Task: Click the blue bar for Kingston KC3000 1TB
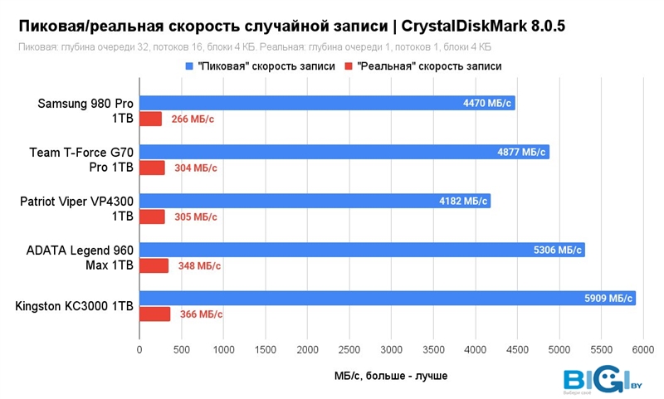[x=387, y=299]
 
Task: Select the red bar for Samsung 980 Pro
[x=150, y=119]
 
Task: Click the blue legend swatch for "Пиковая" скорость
[x=189, y=66]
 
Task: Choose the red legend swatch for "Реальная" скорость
[x=350, y=66]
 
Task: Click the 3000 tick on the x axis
[x=392, y=350]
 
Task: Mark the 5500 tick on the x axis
[x=602, y=350]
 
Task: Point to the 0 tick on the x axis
[x=139, y=350]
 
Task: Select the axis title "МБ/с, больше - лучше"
[x=388, y=376]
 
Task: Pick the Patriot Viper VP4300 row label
[x=76, y=208]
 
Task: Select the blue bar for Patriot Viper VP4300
[x=315, y=201]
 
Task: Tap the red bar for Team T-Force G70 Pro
[x=152, y=168]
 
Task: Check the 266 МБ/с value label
[x=193, y=119]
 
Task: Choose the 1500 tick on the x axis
[x=266, y=350]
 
